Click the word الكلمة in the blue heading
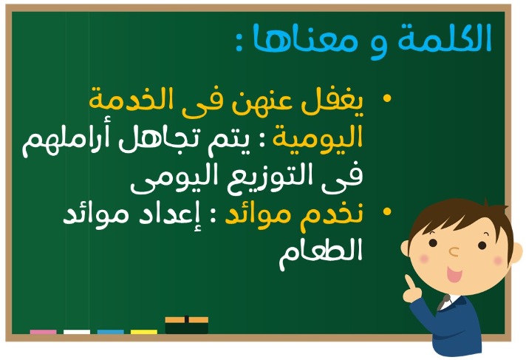445,38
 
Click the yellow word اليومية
318,138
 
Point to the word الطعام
321,253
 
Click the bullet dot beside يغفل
387,98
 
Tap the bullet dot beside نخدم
387,211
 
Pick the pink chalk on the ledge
44,332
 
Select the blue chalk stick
111,332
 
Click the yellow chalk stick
144,332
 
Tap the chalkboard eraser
186,325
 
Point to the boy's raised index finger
409,282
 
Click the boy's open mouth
454,274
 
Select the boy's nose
454,251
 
